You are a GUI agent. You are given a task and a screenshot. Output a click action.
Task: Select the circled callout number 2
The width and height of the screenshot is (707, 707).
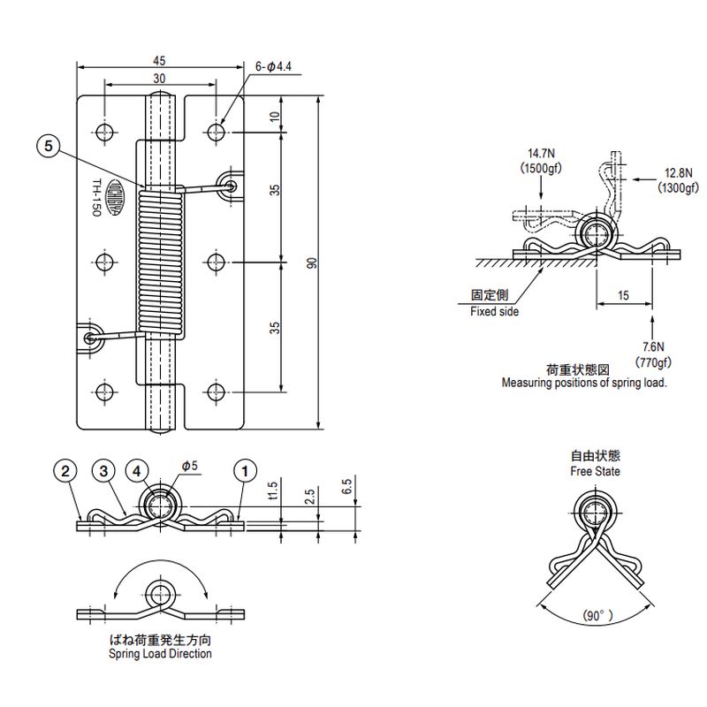(65, 470)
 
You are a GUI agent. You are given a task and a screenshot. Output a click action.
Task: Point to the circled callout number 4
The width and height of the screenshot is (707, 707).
(137, 470)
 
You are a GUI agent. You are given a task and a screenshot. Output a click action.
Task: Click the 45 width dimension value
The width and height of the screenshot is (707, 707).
(159, 61)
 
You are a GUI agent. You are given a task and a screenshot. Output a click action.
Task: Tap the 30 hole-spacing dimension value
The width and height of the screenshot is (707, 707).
(159, 78)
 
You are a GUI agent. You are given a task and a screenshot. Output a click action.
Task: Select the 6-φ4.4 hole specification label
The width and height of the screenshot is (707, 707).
(273, 66)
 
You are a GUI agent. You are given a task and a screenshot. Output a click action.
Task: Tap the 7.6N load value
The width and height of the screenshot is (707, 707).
(653, 347)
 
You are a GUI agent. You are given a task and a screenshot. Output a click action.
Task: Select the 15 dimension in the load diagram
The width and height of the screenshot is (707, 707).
(624, 297)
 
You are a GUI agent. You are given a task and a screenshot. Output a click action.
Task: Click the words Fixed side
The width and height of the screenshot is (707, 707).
(494, 312)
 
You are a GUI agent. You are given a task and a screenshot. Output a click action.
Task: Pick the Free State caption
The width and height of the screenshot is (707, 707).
(595, 471)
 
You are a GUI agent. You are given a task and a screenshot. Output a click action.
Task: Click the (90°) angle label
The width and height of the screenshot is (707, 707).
(597, 615)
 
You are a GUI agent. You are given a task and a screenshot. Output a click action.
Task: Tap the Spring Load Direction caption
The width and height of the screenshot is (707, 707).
(160, 654)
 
